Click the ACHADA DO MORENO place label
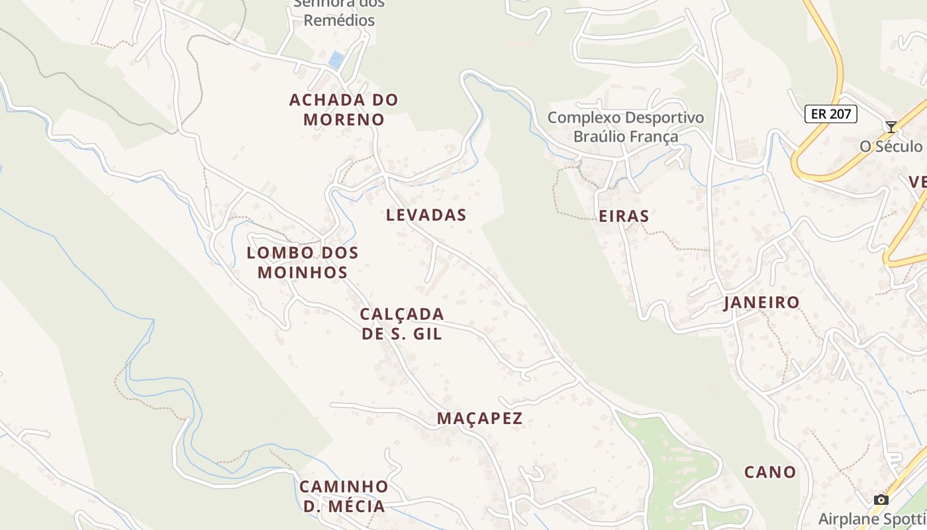point(344,110)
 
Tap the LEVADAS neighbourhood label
point(426,215)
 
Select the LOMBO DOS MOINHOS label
point(303,262)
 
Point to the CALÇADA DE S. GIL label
point(402,323)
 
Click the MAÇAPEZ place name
point(480,419)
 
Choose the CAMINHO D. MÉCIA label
point(344,496)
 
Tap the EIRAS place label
point(624,216)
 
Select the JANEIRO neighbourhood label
point(761,303)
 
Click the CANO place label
point(770,472)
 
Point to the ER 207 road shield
point(831,114)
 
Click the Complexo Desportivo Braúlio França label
point(626,127)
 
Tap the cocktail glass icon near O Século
point(891,127)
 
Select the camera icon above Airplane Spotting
point(881,500)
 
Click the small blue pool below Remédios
point(336,60)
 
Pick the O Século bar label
point(891,146)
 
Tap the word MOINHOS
point(303,272)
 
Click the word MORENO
point(344,120)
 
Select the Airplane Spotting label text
point(872,519)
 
